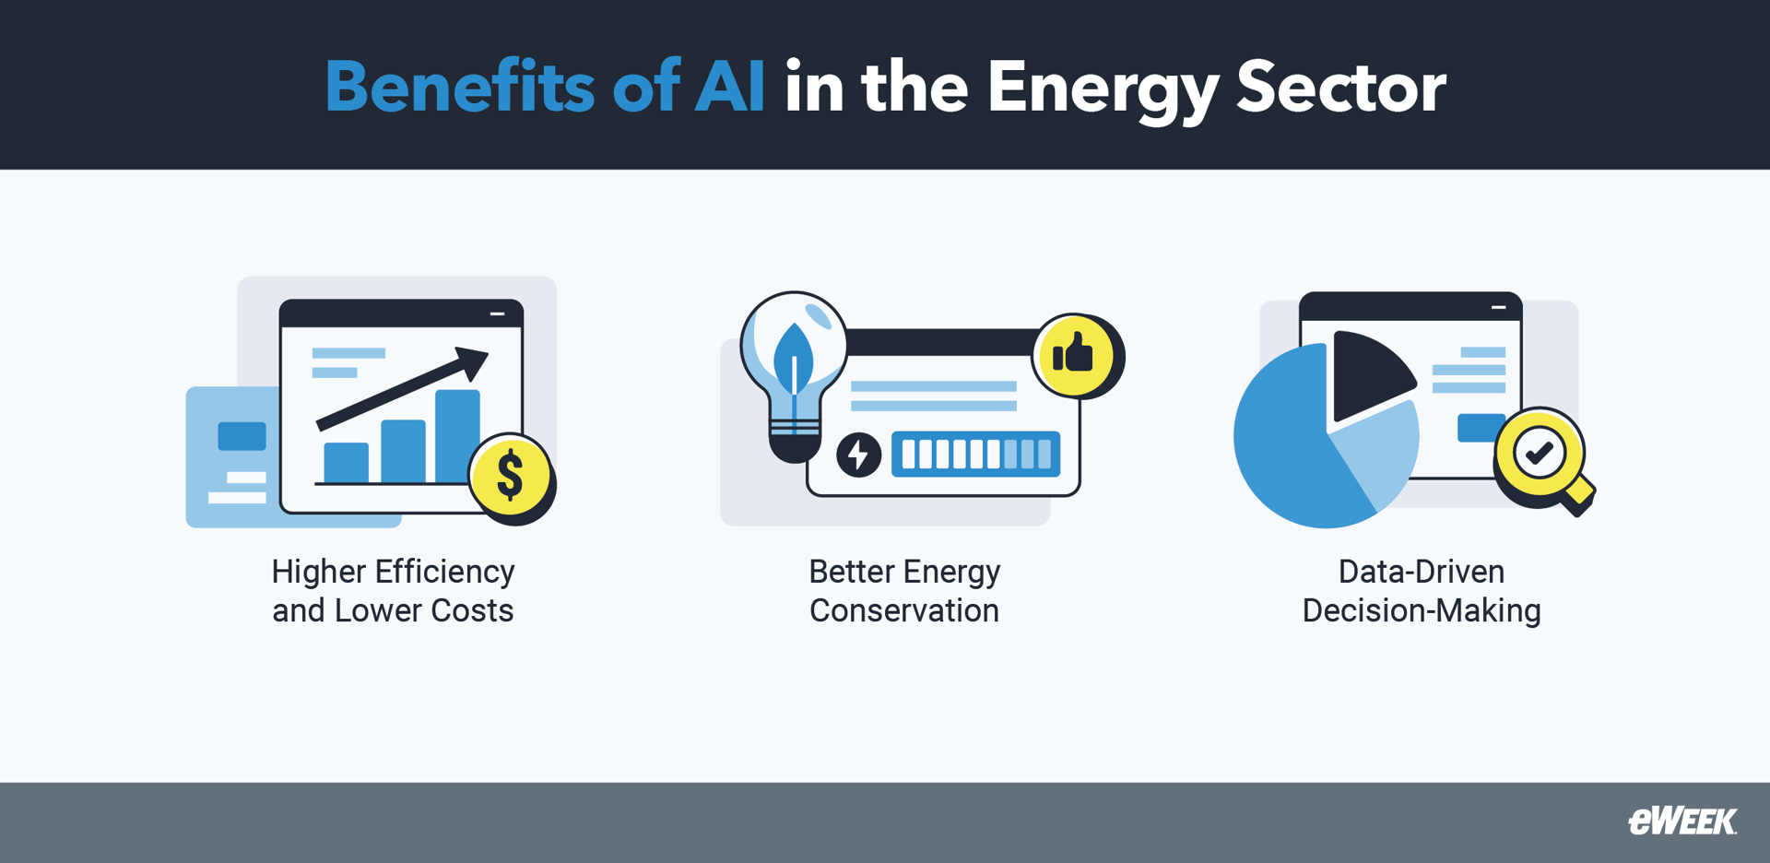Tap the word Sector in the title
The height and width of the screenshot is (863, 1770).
1341,88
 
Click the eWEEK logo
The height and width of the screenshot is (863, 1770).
1682,821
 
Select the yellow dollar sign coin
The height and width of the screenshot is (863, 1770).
510,476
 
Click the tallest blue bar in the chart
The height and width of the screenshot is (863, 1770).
457,435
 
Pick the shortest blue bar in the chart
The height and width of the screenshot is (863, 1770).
347,462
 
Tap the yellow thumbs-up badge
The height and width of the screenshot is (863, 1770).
1074,355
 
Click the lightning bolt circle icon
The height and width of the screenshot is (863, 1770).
858,455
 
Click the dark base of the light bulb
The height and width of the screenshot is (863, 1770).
794,447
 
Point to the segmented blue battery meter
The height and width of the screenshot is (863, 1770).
975,454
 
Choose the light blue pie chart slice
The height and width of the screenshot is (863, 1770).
1378,452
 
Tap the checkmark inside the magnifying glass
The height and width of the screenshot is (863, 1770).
1539,453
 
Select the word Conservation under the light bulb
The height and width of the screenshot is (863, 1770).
903,610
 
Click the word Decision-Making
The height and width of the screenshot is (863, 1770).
1421,610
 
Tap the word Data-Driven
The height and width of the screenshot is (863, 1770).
1421,572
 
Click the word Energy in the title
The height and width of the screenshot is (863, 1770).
1102,88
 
